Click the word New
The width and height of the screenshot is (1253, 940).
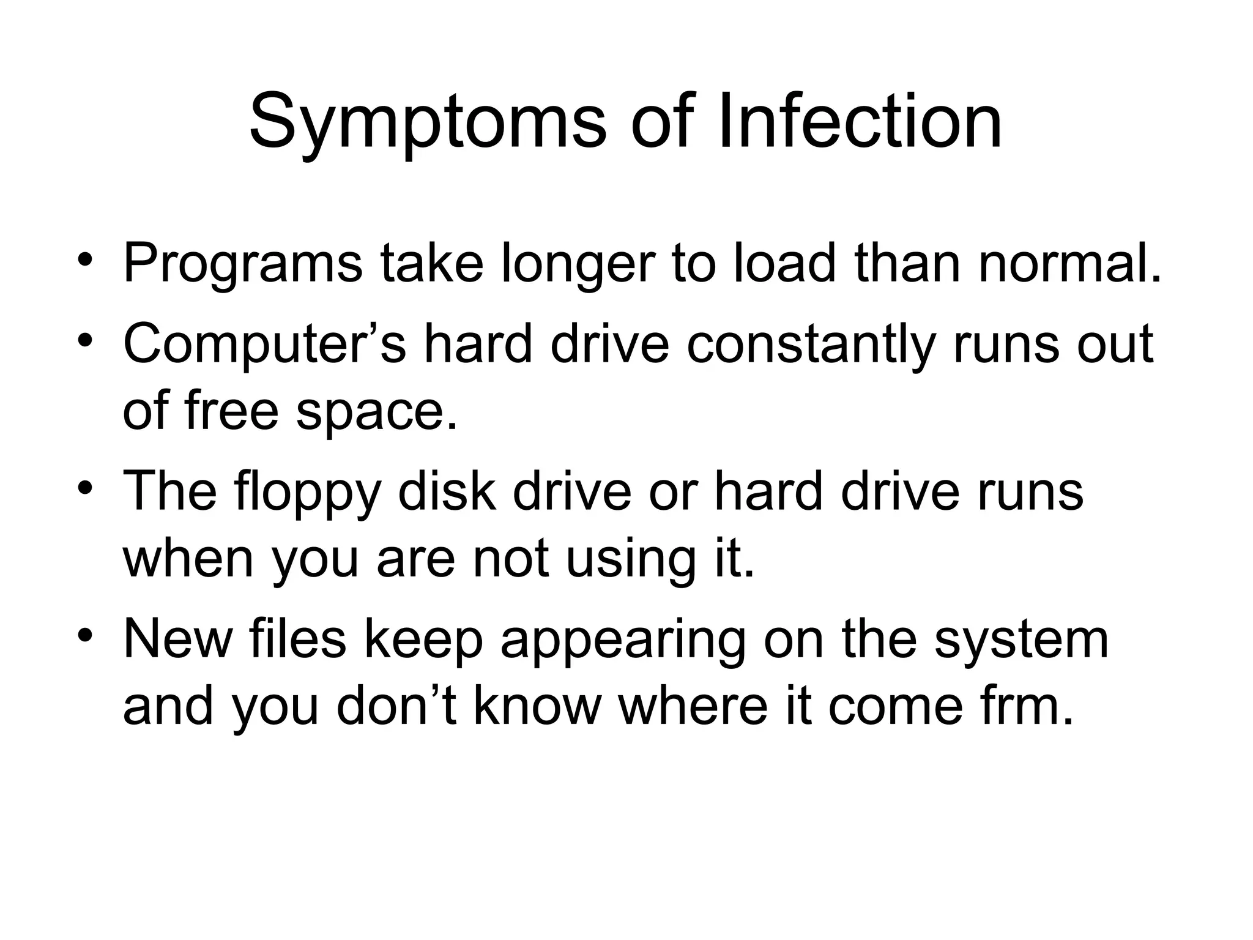tap(178, 640)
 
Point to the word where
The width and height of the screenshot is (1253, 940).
tap(693, 707)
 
